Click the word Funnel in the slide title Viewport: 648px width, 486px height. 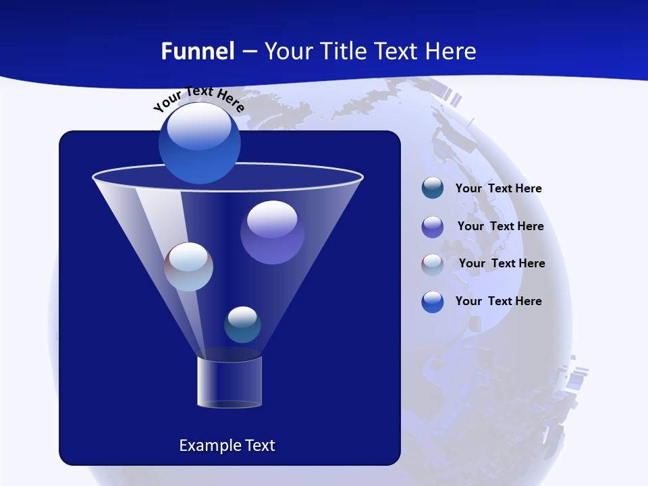197,51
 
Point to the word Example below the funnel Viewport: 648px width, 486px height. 209,446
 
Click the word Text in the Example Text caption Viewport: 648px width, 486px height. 259,446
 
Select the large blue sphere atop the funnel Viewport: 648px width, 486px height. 199,142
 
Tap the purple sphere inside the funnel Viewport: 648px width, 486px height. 272,232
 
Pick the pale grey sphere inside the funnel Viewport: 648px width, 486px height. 189,267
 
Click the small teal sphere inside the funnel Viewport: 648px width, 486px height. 242,325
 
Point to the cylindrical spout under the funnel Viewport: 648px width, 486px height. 229,381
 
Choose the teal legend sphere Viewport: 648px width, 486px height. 433,188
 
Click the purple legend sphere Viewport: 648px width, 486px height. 433,227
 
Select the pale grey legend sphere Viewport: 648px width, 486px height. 433,265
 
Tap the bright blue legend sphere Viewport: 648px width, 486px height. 433,302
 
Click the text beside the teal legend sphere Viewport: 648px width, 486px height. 498,189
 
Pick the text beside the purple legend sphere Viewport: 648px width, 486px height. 500,227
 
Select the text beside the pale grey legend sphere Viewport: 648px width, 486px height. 502,264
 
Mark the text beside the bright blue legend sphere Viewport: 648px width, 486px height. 498,302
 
